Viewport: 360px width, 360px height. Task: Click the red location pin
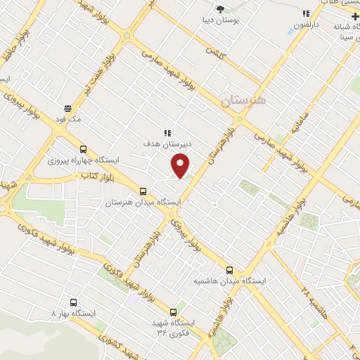181,166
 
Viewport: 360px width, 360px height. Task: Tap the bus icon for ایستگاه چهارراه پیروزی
83,149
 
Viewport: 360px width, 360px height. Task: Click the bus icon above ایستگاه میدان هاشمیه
230,270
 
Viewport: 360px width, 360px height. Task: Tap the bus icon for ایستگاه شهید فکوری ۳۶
174,312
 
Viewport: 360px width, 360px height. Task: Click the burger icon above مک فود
67,108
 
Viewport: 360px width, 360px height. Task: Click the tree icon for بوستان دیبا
221,10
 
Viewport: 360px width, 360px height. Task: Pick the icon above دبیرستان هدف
167,132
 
